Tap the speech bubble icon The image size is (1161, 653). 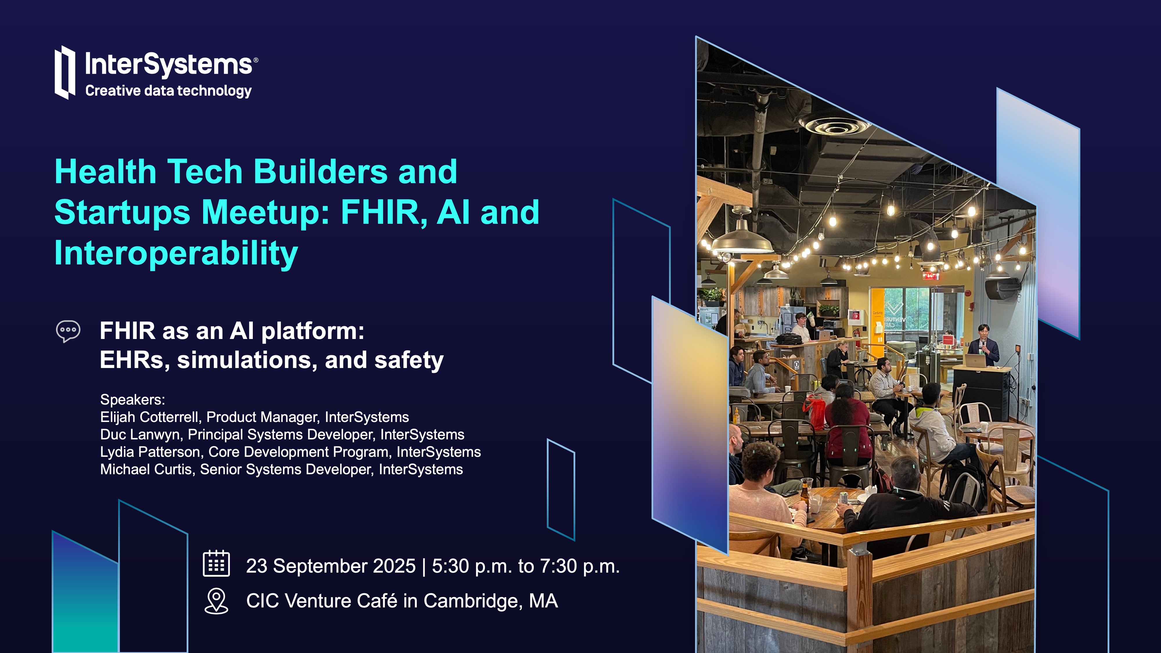point(68,331)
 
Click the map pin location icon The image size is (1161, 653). point(216,601)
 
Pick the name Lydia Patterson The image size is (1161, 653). point(150,452)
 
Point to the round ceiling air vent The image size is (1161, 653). point(835,126)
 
